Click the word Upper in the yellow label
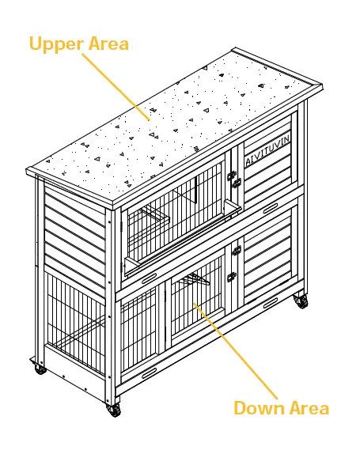click(55, 43)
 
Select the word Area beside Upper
click(107, 43)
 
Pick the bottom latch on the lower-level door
click(232, 278)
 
